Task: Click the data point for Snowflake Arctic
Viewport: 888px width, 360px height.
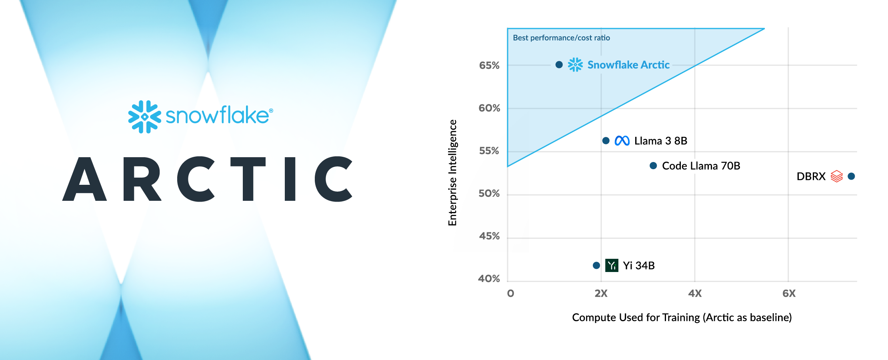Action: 559,65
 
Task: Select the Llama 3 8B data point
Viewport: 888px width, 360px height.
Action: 606,140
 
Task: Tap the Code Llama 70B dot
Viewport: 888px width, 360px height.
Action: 653,166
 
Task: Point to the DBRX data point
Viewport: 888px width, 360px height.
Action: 851,176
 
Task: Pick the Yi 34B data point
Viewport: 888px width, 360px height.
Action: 596,265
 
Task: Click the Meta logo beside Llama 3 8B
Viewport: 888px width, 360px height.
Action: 622,141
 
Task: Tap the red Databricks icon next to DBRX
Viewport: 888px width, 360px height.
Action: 836,176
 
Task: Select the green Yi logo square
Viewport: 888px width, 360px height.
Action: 612,265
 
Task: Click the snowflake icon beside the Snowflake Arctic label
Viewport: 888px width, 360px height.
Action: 576,65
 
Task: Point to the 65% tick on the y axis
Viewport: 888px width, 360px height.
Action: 489,65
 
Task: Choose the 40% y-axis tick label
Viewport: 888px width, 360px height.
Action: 489,278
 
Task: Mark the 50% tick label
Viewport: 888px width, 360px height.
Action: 489,194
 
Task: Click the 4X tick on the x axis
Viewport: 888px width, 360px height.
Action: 695,293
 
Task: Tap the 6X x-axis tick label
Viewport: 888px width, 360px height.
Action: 789,293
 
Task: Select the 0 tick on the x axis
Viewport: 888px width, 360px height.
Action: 510,293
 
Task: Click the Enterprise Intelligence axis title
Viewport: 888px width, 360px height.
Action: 452,173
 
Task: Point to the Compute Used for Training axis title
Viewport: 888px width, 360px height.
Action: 682,317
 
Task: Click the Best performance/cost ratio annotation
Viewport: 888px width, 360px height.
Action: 561,38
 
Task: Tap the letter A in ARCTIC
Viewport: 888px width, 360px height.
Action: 85,179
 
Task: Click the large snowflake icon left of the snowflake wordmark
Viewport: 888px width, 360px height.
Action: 144,116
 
